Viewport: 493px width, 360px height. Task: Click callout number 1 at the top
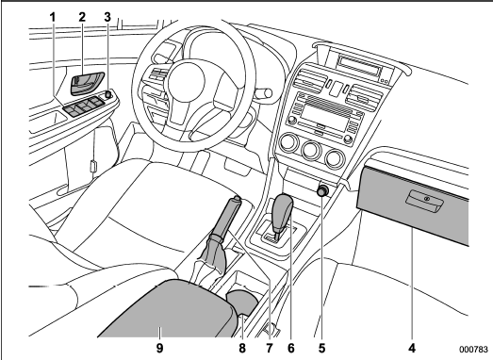click(53, 17)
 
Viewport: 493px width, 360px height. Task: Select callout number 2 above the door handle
click(82, 17)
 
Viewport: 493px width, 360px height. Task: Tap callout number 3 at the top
click(107, 17)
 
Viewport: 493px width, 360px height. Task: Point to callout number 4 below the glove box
click(412, 348)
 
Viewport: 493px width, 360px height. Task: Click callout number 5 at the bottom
click(321, 348)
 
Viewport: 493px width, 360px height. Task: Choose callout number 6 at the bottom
click(291, 348)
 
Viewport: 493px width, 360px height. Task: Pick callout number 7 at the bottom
click(270, 348)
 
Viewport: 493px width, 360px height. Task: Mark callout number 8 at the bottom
click(241, 348)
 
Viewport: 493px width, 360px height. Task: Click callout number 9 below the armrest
click(159, 348)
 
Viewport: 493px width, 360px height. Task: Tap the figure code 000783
click(473, 350)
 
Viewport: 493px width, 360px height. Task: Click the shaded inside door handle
click(87, 83)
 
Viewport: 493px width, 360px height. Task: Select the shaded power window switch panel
click(83, 106)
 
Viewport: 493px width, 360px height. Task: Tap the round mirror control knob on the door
click(108, 94)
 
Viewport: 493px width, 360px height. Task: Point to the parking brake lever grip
click(227, 217)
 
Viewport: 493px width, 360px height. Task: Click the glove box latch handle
click(424, 202)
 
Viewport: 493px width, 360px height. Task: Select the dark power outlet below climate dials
click(323, 191)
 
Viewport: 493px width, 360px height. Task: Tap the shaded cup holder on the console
click(242, 303)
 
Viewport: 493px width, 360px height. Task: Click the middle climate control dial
click(311, 150)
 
